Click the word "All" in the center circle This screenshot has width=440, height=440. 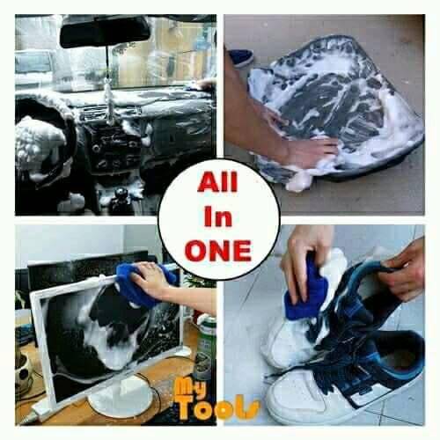coord(217,182)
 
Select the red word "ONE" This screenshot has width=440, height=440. coord(218,251)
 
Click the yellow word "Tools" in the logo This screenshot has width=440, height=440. coord(217,407)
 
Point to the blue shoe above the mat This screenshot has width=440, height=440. coord(241,57)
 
